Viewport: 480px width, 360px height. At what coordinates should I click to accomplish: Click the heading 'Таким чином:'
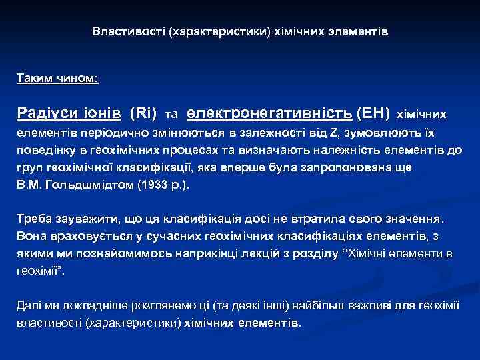(x=57, y=79)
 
